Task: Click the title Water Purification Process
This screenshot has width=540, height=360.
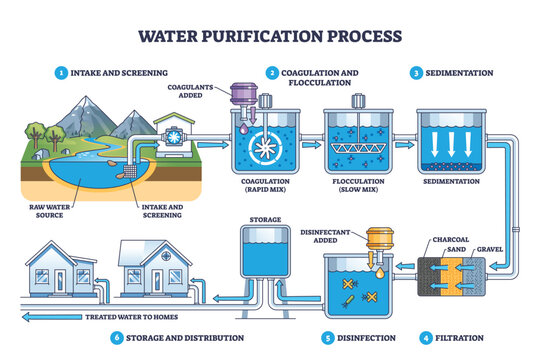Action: pos(270,37)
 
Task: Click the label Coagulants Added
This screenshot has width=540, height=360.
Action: pos(200,90)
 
